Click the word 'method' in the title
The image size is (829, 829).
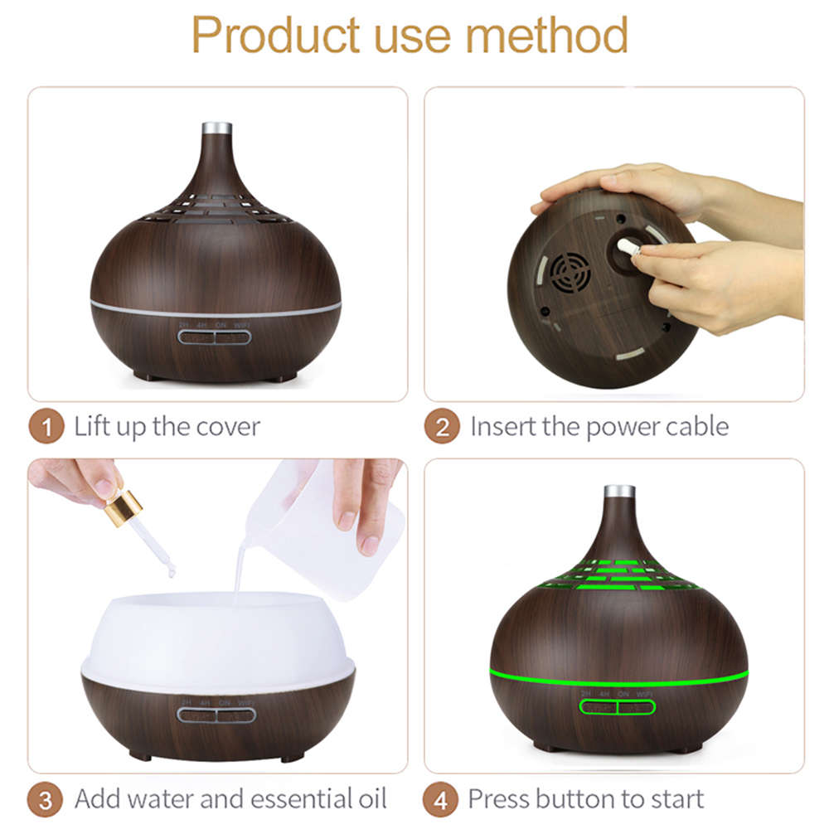(545, 35)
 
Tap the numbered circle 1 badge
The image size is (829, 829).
(46, 428)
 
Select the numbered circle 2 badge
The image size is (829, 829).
(442, 428)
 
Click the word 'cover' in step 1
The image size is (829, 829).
(228, 428)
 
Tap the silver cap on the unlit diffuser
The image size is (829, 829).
(216, 129)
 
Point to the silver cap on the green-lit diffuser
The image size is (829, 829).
(618, 492)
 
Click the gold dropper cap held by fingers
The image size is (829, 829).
(123, 506)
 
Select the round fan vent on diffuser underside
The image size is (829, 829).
(571, 271)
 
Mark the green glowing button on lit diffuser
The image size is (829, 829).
(618, 707)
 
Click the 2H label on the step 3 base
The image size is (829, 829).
(186, 701)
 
